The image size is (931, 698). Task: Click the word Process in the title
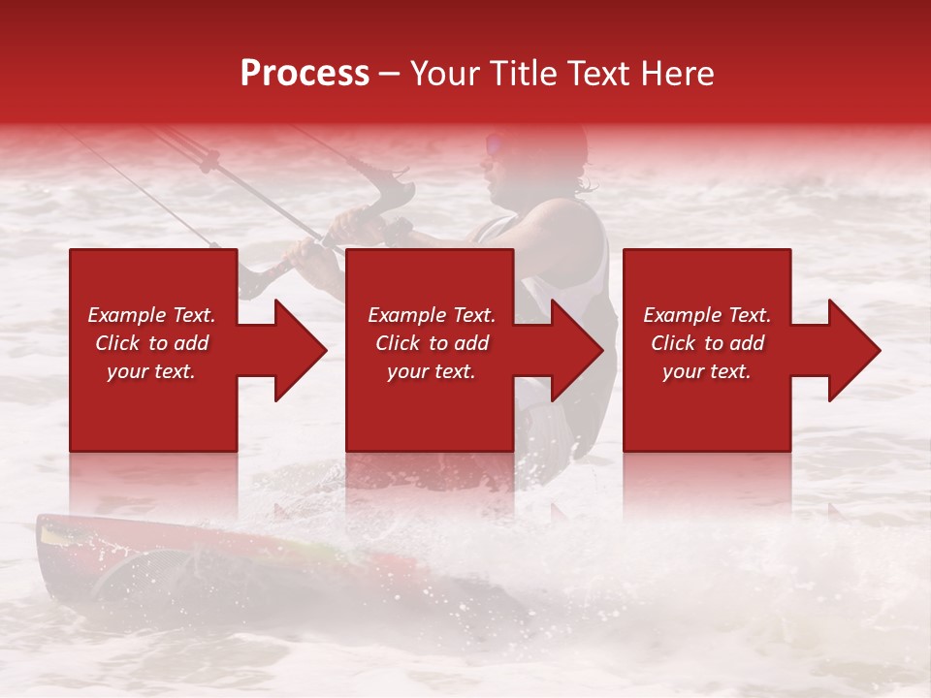305,74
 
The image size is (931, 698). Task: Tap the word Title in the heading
524,74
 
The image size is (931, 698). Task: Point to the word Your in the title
447,74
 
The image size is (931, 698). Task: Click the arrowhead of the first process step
300,350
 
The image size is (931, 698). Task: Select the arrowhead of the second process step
576,350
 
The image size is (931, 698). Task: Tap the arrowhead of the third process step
853,350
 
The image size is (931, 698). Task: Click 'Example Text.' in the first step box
151,315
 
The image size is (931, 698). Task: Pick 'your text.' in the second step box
431,371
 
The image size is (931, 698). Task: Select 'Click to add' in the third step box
707,343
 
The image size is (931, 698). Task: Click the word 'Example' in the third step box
682,315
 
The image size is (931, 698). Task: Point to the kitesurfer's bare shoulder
562,228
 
